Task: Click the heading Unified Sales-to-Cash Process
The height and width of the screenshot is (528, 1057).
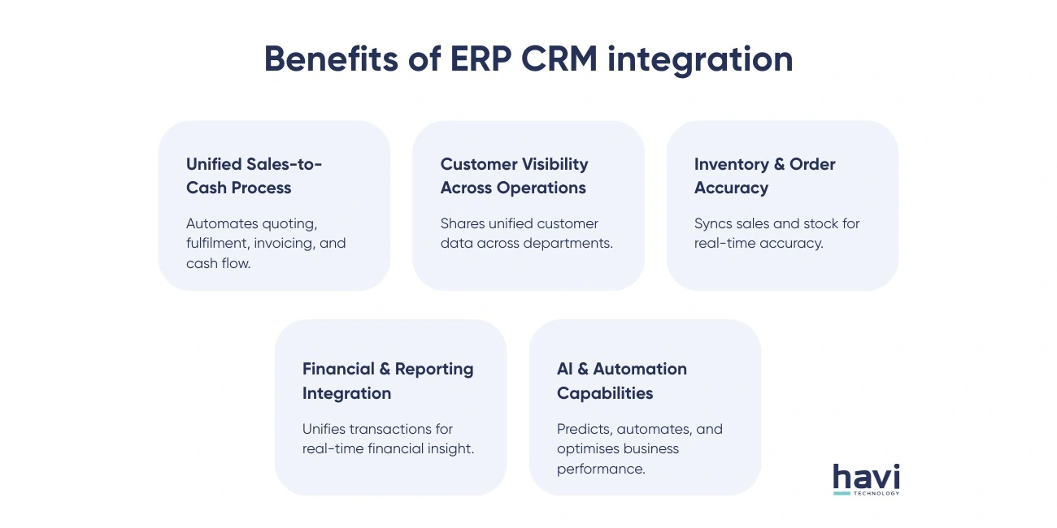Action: (254, 175)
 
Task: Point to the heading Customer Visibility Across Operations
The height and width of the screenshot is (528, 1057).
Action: (514, 175)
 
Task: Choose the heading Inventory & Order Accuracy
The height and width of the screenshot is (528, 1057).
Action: (764, 175)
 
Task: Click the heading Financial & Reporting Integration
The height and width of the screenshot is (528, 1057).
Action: (387, 381)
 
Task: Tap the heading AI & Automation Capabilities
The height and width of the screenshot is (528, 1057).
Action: (621, 381)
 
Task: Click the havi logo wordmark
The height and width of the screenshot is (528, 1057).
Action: (866, 477)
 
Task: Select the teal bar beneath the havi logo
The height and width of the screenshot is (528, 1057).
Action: (842, 493)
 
